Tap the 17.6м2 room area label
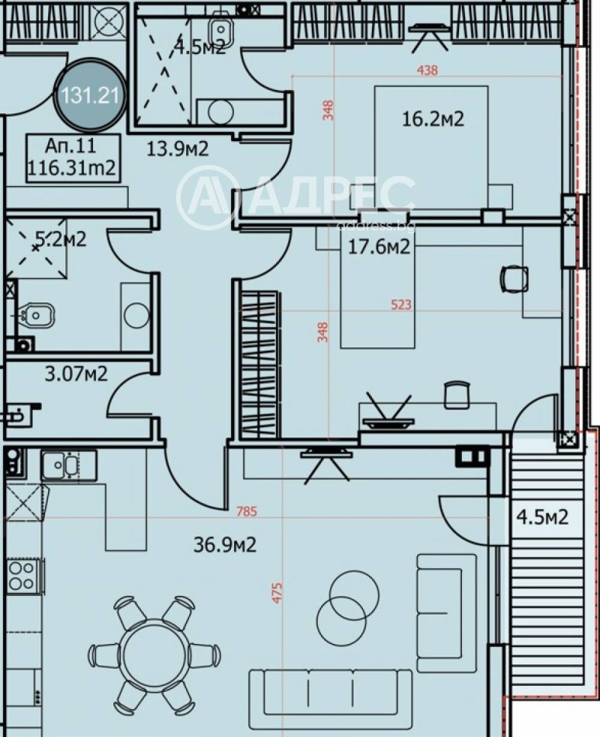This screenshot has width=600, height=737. [x=379, y=247]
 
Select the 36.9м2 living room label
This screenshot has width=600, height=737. [x=225, y=543]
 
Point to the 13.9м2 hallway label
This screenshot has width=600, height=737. [x=177, y=149]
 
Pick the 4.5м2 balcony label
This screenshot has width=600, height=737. [x=541, y=517]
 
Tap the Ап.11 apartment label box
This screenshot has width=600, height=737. [x=72, y=158]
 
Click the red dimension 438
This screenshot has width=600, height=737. [x=427, y=71]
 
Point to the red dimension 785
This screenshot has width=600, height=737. [x=246, y=513]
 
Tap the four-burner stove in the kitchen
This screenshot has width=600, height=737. [x=23, y=576]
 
